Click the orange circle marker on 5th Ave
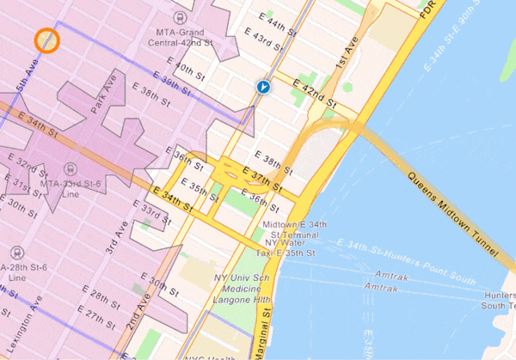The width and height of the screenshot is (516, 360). (46, 40)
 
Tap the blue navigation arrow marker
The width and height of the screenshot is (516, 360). (263, 87)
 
